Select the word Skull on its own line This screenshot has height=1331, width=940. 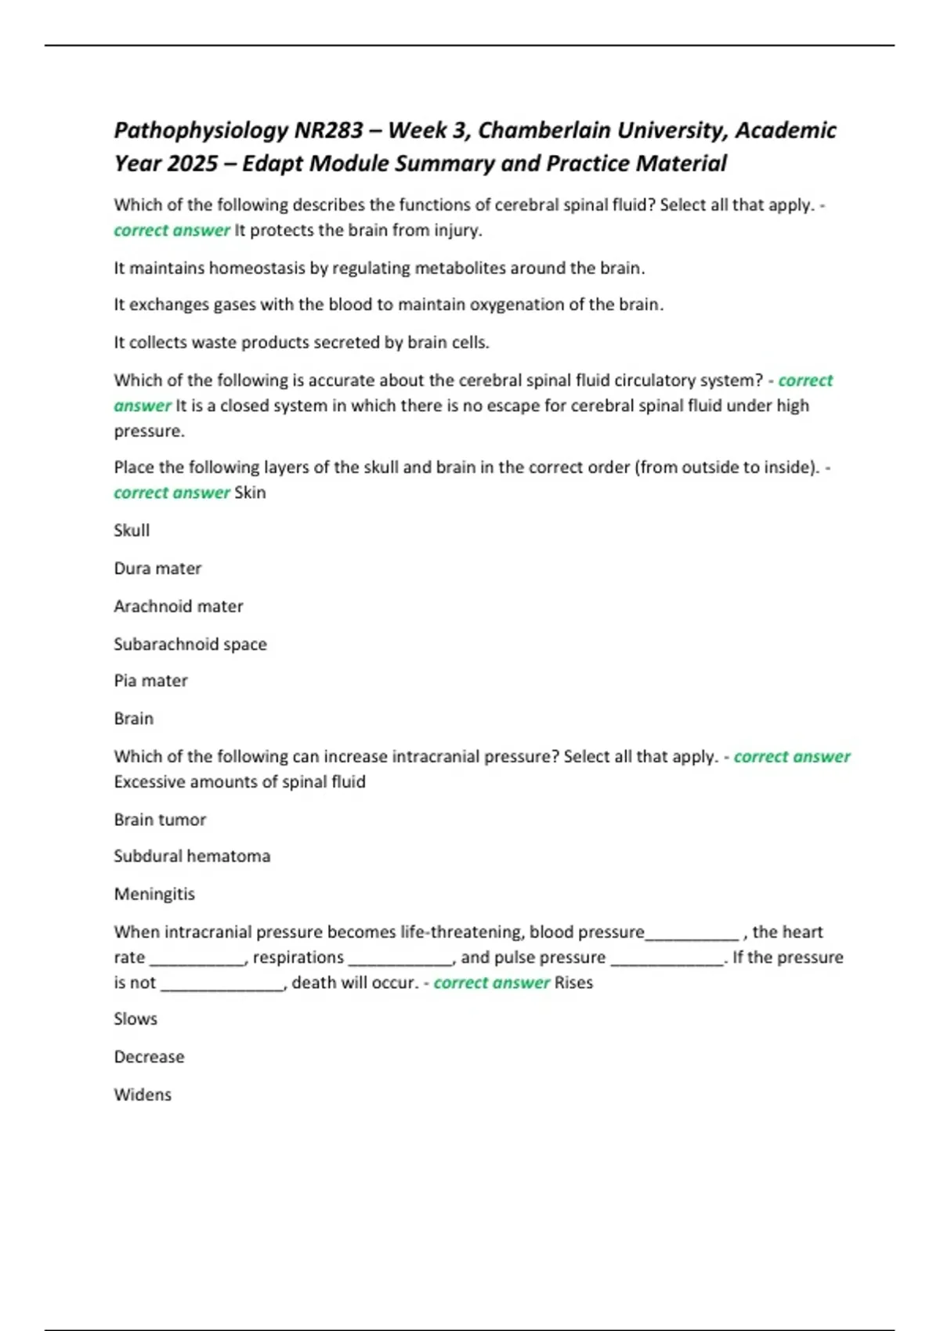tap(132, 530)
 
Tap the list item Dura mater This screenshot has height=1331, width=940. tap(157, 568)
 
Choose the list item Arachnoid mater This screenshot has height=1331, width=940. tap(179, 606)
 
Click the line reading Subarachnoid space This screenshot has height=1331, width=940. tap(190, 644)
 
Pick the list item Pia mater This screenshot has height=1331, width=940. tap(150, 680)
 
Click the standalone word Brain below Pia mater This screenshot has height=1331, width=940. tap(134, 718)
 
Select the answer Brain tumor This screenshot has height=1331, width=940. tap(160, 820)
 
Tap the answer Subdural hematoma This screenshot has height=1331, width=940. tap(192, 856)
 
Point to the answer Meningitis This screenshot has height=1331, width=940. tap(154, 894)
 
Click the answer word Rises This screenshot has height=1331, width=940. tap(573, 983)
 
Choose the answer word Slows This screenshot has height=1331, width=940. tap(136, 1019)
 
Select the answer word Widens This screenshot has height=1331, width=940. tap(143, 1095)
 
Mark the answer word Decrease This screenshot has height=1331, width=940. tap(149, 1057)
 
